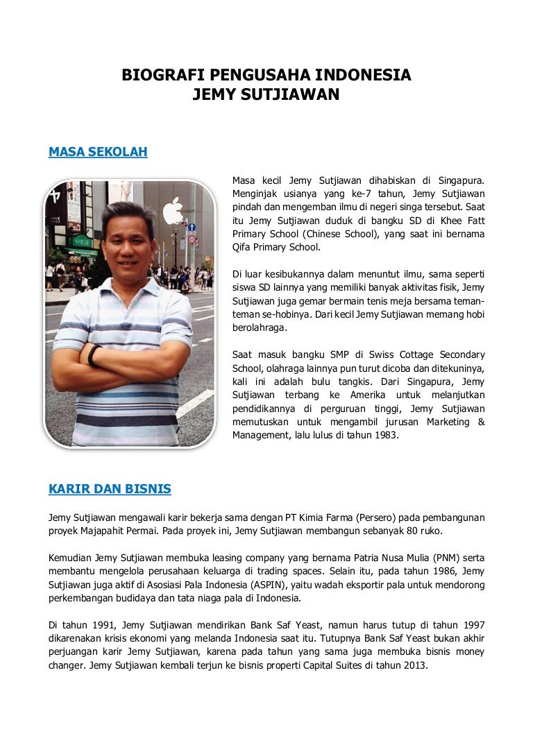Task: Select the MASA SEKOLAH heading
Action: [x=98, y=152]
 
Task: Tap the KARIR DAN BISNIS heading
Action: [x=110, y=489]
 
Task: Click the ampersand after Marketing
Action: [x=481, y=422]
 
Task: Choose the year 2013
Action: [x=413, y=665]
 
